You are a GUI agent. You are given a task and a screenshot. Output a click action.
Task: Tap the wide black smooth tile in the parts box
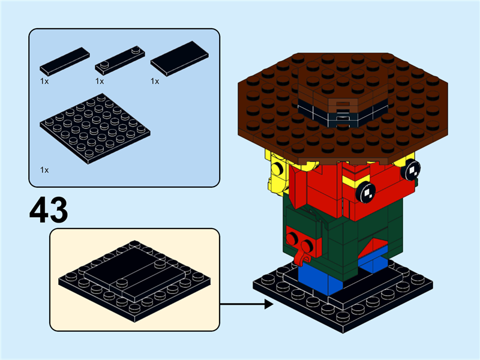(x=179, y=59)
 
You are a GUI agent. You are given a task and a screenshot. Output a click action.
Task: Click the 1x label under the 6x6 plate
(x=44, y=170)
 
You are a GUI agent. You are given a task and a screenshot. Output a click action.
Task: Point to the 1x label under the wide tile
(x=155, y=81)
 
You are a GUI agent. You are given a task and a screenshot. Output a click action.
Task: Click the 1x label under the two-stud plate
(x=100, y=81)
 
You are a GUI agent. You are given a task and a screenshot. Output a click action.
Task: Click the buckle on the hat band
(x=340, y=111)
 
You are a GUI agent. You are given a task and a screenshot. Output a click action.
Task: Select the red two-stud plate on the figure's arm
(x=304, y=240)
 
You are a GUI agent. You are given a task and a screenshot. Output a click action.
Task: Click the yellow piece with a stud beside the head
(x=277, y=169)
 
